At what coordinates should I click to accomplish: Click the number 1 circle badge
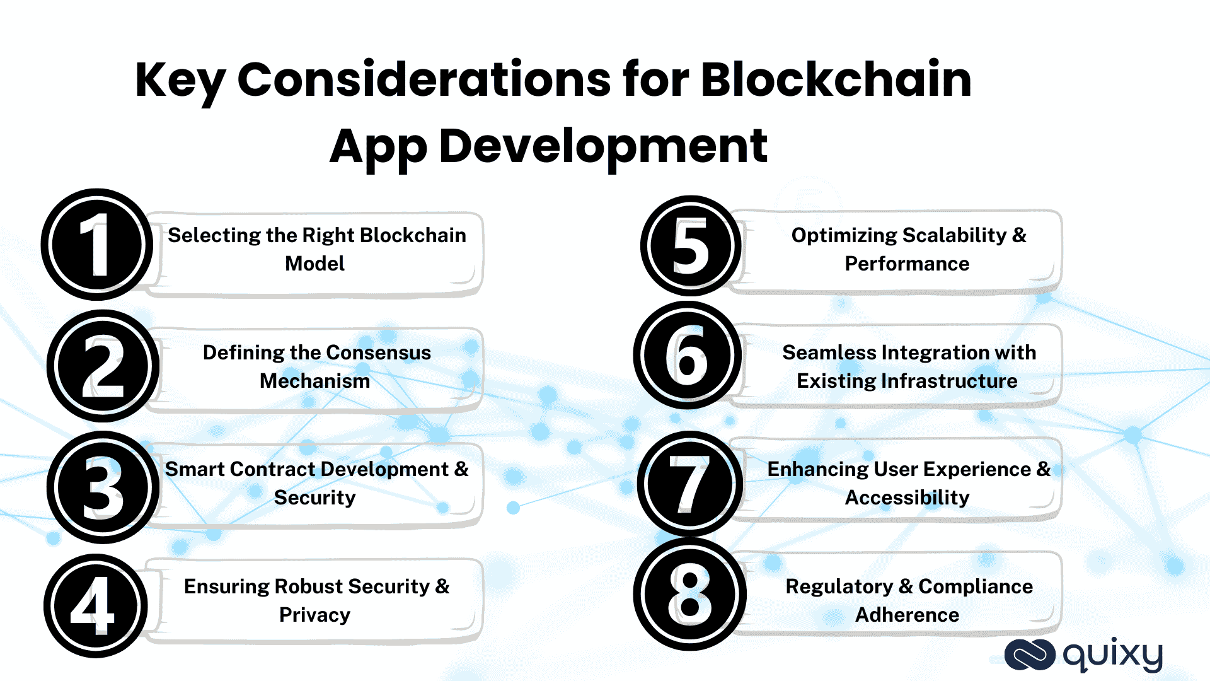(96, 245)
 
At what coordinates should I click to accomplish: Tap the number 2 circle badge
(103, 366)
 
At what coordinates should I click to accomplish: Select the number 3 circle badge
(103, 487)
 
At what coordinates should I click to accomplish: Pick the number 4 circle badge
(95, 606)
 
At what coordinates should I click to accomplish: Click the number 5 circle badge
(691, 246)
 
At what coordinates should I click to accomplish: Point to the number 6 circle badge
(687, 355)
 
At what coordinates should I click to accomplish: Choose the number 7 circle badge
(689, 484)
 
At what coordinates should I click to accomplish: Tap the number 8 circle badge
(689, 594)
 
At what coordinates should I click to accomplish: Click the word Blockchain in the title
(836, 80)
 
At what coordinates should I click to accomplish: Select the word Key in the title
(180, 80)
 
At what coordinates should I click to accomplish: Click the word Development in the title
(602, 146)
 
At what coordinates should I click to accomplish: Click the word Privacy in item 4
(314, 615)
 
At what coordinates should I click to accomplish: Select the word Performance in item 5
(907, 264)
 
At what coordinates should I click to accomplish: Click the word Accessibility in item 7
(907, 498)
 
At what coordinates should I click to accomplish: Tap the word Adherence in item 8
(907, 615)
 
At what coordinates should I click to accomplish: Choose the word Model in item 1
(314, 264)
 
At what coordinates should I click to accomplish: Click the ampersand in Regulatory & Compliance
(906, 586)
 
